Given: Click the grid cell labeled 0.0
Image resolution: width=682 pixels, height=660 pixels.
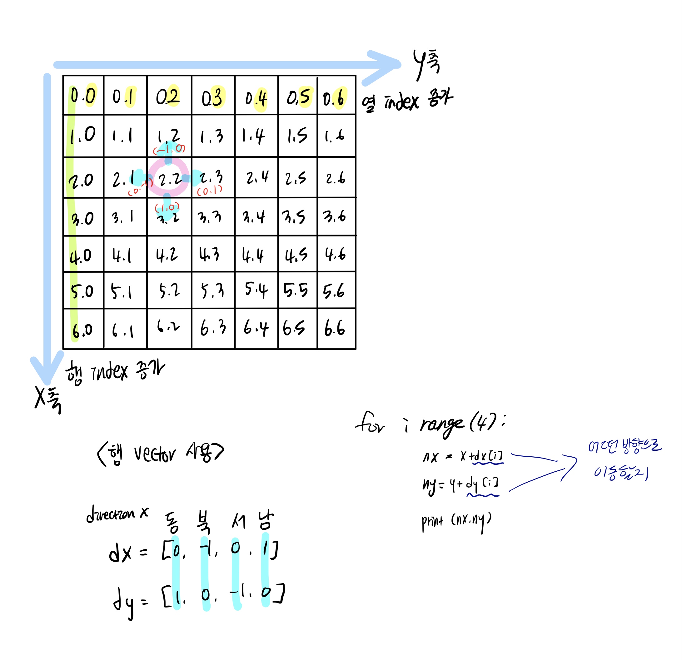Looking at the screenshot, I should (x=83, y=95).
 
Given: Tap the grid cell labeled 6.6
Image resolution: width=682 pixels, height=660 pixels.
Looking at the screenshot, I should (x=335, y=328).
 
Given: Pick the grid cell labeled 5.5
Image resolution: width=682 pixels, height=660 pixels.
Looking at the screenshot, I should (x=296, y=290).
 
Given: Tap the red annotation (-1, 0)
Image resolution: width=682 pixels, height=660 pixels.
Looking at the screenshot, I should (x=169, y=149).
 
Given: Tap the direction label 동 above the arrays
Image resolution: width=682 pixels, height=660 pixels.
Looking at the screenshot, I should (x=172, y=522).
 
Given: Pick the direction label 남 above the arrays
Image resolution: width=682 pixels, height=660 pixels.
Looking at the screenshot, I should (x=266, y=519).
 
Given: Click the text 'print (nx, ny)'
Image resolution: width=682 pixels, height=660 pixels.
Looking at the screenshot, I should (x=456, y=521).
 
